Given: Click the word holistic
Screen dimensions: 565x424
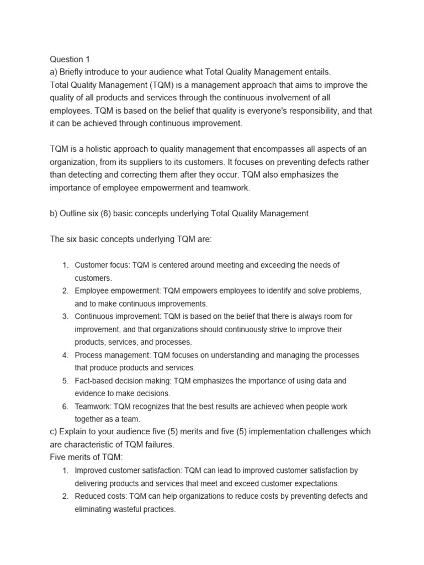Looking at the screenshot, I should coord(96,149).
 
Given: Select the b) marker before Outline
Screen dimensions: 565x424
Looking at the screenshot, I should coord(54,214).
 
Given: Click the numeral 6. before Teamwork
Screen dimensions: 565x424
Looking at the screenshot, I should coord(65,407).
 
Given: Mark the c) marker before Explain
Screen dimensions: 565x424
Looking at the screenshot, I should coord(54,431).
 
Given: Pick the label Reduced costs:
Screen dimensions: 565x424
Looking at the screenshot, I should coord(97,496).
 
